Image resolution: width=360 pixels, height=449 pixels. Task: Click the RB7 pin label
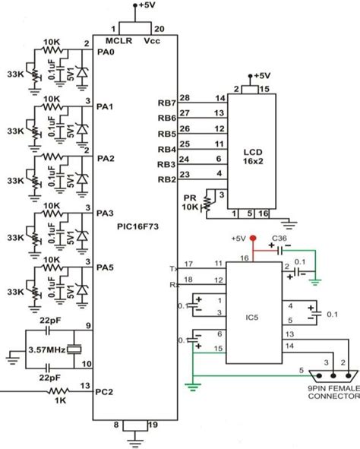point(166,103)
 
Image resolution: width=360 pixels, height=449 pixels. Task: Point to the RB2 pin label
point(166,179)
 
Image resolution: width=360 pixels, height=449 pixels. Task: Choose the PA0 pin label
point(106,52)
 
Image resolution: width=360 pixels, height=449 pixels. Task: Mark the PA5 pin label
point(106,267)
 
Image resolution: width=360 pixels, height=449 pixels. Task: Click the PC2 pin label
point(106,392)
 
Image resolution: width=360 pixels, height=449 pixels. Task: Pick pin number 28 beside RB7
point(185,98)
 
